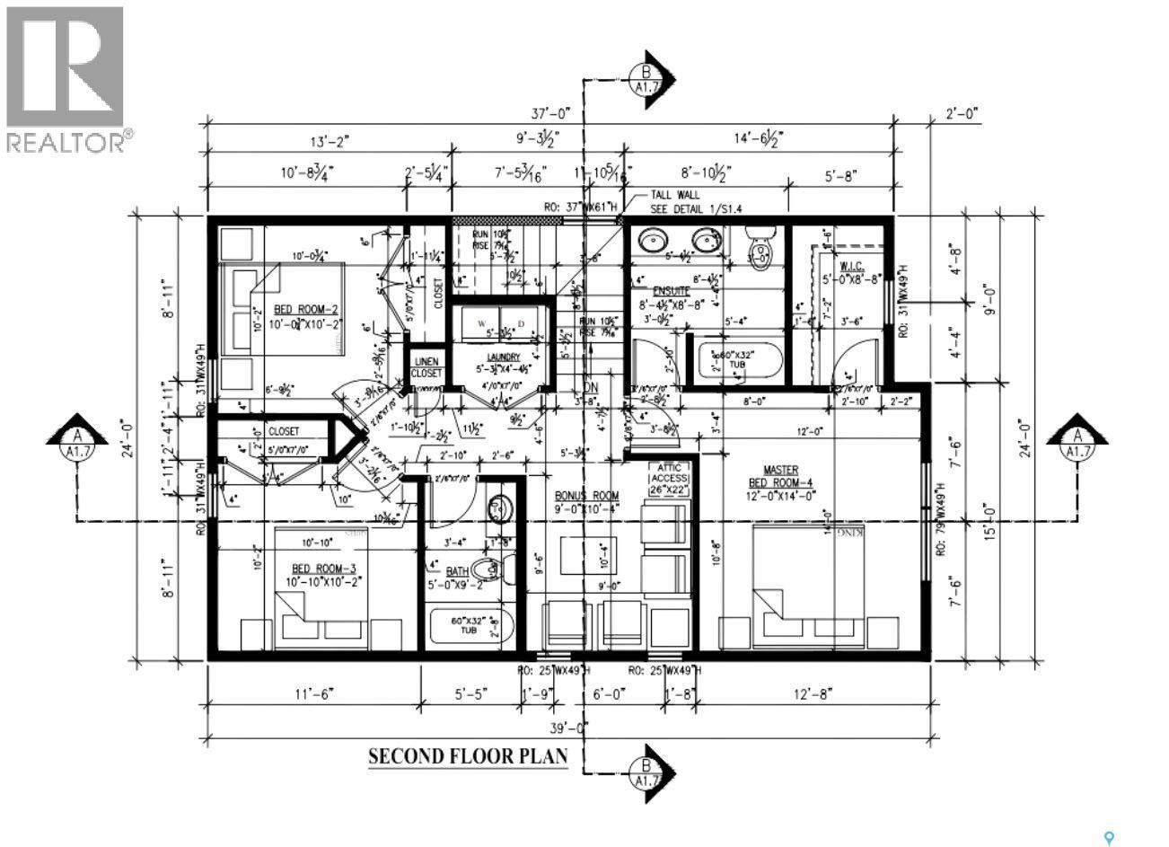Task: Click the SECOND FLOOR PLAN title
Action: click(468, 755)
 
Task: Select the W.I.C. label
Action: click(851, 268)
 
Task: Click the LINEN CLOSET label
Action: click(426, 367)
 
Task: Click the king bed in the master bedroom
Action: click(808, 584)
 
